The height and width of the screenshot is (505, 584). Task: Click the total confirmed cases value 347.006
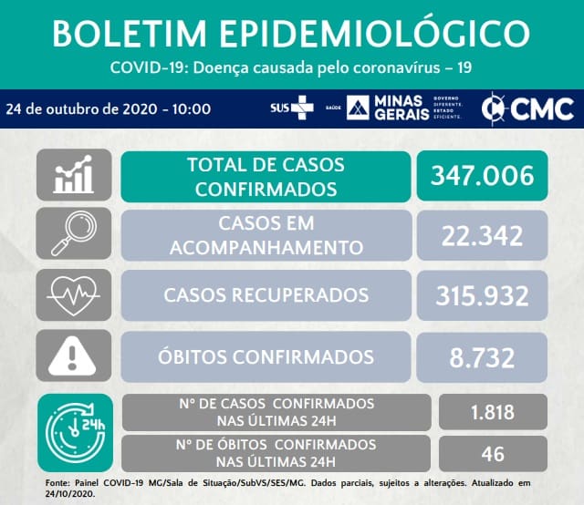click(482, 176)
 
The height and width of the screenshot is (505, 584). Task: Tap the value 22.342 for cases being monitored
click(482, 236)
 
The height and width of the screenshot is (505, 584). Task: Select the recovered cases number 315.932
click(482, 296)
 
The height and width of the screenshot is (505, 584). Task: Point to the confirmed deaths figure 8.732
click(482, 357)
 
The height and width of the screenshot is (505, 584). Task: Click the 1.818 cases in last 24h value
click(493, 412)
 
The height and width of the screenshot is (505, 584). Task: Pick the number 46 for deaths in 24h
click(493, 454)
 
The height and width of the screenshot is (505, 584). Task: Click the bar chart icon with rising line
click(74, 174)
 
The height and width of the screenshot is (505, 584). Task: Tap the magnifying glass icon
click(74, 233)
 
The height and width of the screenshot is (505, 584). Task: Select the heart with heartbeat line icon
click(74, 296)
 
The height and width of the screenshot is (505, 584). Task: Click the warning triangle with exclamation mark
click(72, 356)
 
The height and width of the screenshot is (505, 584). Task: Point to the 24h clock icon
click(75, 433)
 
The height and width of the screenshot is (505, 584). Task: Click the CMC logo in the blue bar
click(527, 109)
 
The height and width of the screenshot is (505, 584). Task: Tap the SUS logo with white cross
click(292, 108)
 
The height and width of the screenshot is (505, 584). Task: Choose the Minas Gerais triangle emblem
click(358, 108)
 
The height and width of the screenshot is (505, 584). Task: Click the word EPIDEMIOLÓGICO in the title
click(374, 33)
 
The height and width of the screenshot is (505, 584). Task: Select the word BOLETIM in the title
click(130, 33)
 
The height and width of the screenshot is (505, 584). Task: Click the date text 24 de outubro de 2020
click(81, 109)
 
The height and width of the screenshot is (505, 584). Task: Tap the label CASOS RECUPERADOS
click(266, 295)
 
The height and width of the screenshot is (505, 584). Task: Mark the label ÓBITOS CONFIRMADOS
click(266, 356)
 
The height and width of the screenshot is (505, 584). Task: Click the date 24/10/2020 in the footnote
click(70, 495)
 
